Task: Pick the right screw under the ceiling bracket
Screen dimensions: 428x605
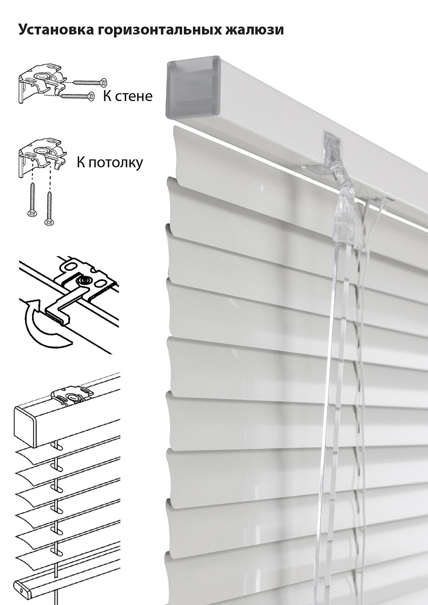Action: point(48,205)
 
